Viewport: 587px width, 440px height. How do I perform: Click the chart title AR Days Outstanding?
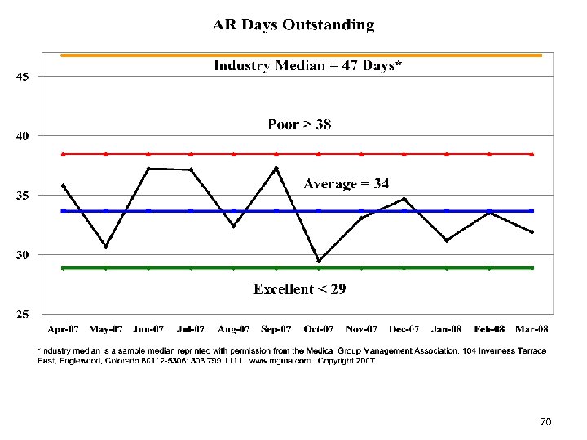click(293, 24)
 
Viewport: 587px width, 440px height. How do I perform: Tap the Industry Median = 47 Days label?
click(307, 66)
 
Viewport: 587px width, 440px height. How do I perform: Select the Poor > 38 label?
click(299, 125)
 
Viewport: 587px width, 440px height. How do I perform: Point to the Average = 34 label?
click(346, 184)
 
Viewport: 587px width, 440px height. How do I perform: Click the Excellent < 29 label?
click(299, 289)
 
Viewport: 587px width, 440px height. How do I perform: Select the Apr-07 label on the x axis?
click(64, 329)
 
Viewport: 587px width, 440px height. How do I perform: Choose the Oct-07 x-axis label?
click(319, 329)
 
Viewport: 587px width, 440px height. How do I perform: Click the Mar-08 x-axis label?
click(532, 329)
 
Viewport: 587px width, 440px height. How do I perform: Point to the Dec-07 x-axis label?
click(404, 329)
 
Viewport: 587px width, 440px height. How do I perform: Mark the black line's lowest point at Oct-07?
click(319, 261)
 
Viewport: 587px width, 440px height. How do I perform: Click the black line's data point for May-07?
click(106, 246)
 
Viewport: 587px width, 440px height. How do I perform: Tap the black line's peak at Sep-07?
click(276, 168)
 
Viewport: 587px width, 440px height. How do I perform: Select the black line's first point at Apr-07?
click(64, 186)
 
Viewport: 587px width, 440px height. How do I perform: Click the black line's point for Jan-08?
click(447, 240)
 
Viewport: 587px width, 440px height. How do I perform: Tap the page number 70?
click(545, 421)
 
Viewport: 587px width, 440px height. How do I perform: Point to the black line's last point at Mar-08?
click(532, 232)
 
